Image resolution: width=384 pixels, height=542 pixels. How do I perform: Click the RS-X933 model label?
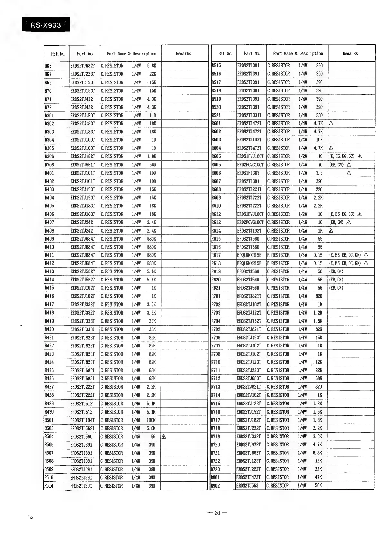point(45,25)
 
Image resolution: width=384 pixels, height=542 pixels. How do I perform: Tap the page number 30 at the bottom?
point(217,513)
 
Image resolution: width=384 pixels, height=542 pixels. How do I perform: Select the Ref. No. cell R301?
point(49,115)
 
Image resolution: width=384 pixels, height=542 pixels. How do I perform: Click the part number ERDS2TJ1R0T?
point(83,115)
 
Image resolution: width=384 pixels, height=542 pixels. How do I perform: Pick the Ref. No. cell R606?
point(216,173)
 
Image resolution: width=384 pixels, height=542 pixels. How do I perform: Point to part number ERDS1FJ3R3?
point(248,173)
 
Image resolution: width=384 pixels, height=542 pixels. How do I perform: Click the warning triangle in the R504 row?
point(163,437)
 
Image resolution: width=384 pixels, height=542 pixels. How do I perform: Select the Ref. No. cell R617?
point(216,255)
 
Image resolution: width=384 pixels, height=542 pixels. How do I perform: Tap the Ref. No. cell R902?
point(215,486)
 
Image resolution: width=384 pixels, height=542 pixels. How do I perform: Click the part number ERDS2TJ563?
point(248,486)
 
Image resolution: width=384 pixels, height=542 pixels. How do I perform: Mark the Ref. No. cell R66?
point(48,66)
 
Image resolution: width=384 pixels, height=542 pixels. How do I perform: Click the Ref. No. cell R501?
point(49,420)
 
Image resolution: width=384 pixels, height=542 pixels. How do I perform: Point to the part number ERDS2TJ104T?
point(83,420)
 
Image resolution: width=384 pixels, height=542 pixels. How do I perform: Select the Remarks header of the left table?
point(183,53)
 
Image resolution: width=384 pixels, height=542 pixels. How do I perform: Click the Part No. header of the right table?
point(252,53)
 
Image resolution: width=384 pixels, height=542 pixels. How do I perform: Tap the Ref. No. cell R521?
point(216,115)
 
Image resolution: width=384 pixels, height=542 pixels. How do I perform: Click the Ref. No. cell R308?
point(49,165)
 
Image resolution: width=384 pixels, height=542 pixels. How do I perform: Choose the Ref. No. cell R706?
point(216,338)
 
